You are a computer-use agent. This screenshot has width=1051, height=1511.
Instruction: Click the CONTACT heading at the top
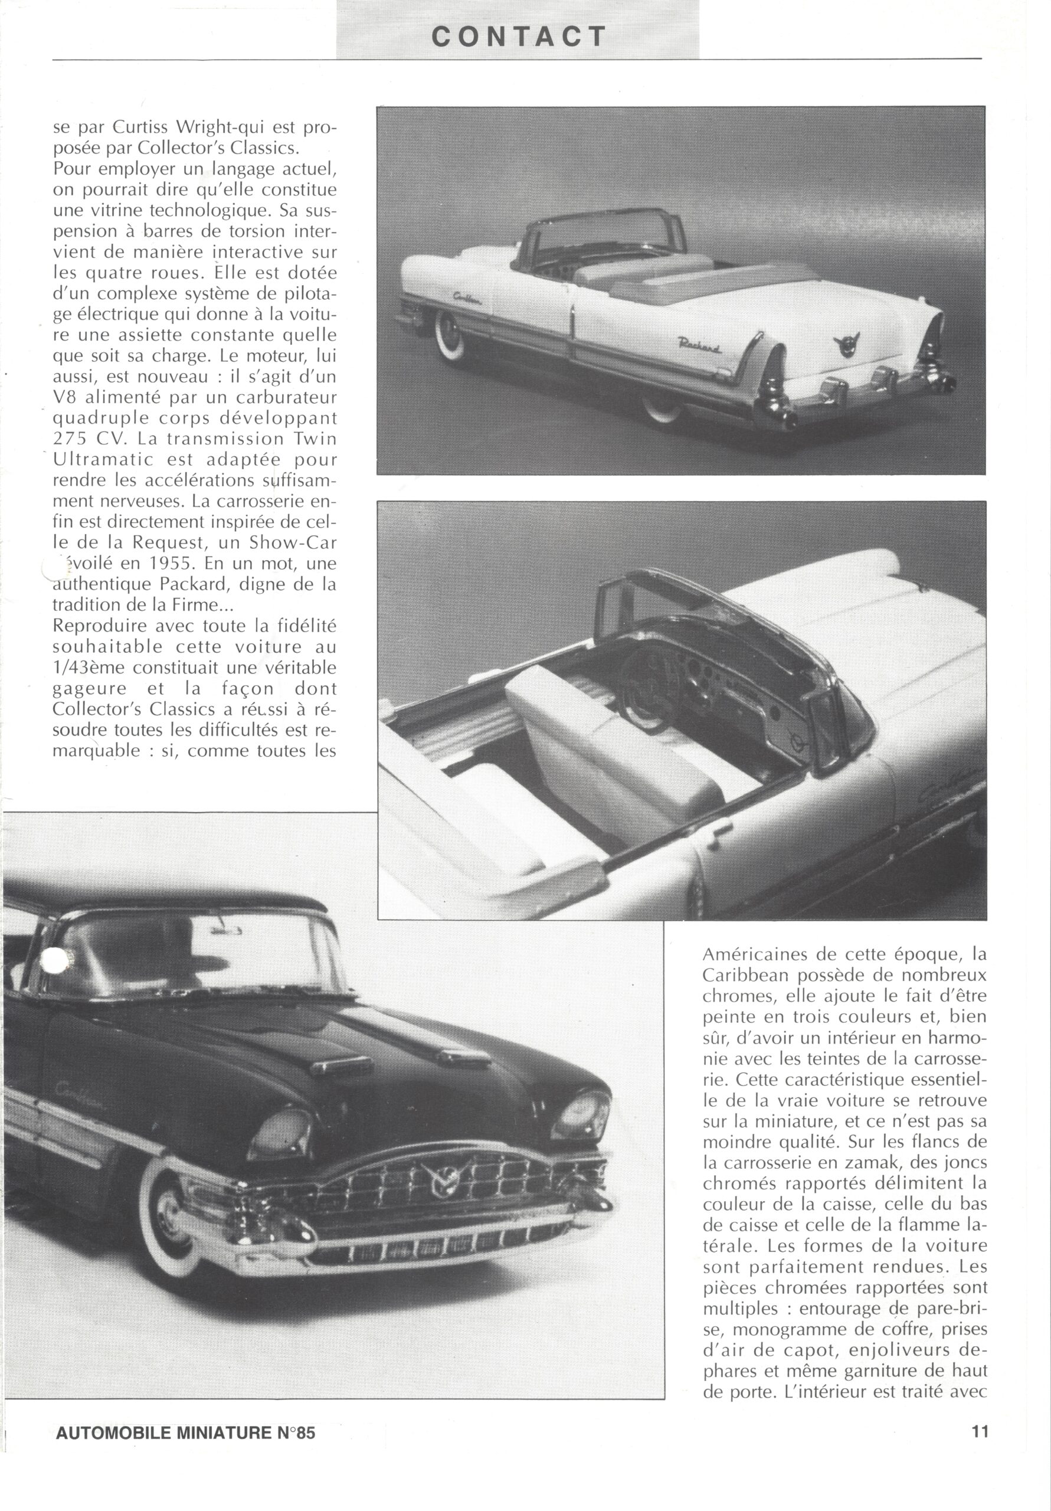click(x=518, y=37)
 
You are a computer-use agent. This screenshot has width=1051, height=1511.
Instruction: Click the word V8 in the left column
click(x=65, y=397)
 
